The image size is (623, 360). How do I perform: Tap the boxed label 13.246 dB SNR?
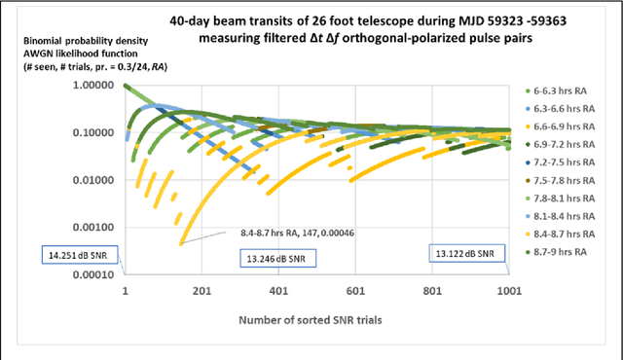pyautogui.click(x=281, y=258)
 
